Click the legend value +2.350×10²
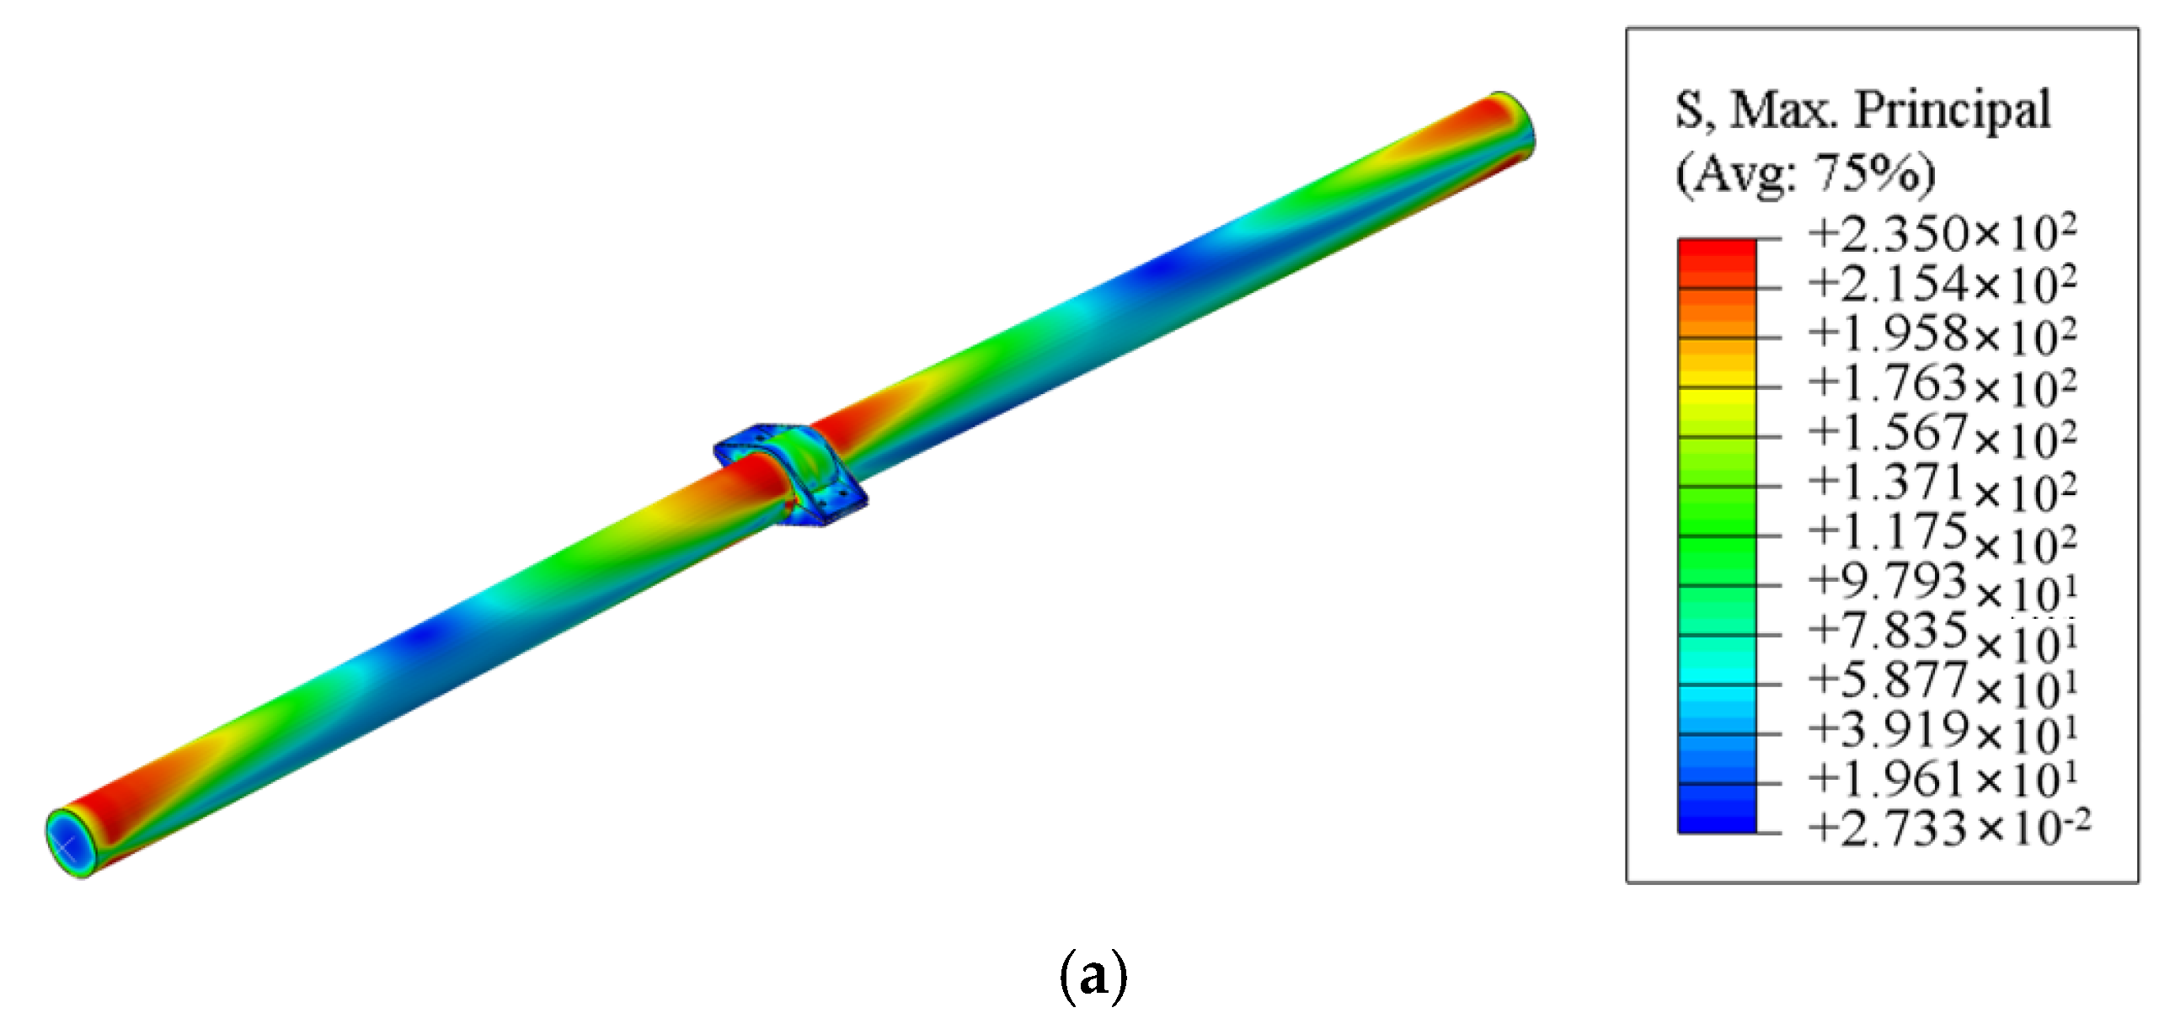(1942, 234)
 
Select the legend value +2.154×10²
(1942, 285)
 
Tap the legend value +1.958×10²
(1942, 334)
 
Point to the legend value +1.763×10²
(1942, 384)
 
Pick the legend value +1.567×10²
(1942, 434)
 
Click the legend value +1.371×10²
(1942, 483)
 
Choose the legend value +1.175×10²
(1942, 533)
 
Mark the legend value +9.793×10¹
(1942, 583)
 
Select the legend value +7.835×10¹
(1942, 632)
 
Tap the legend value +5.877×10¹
(1942, 682)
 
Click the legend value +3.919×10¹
(1942, 731)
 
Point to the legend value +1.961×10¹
(1942, 780)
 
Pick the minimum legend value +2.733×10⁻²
(1948, 829)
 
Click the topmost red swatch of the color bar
(1717, 252)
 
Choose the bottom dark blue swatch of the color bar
(1717, 820)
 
